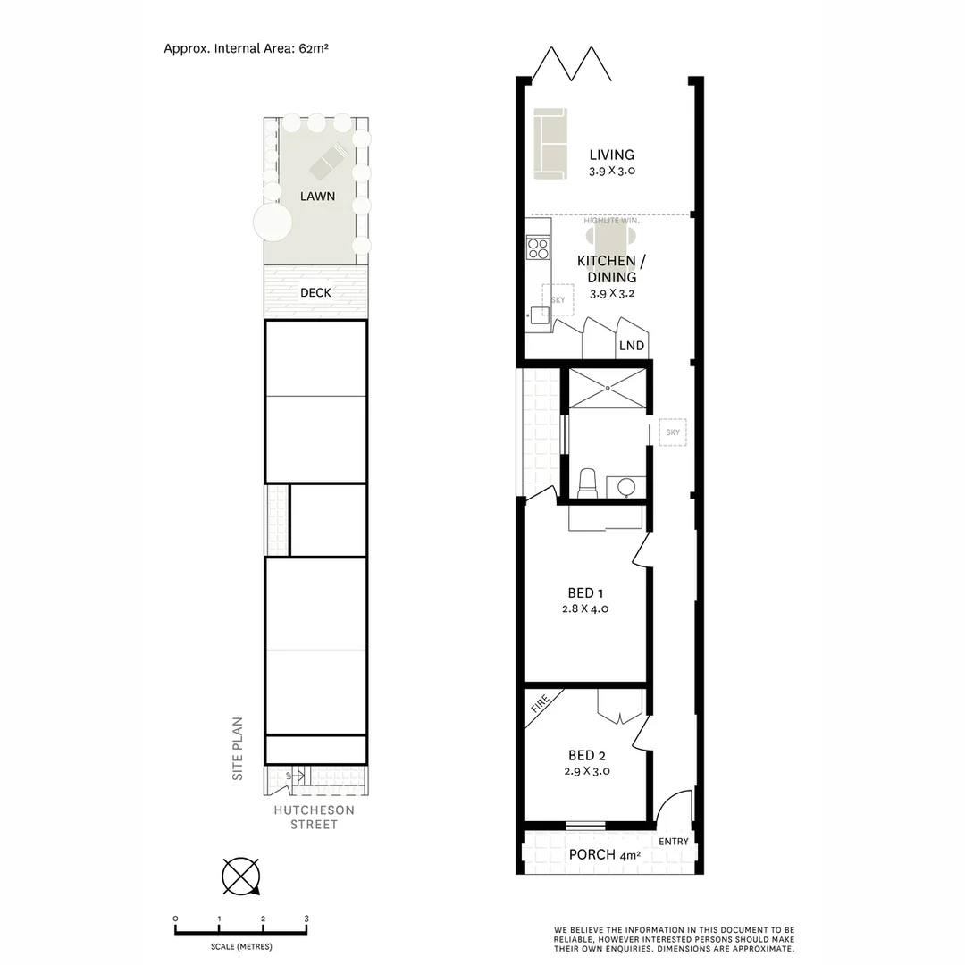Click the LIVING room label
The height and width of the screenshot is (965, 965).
(611, 155)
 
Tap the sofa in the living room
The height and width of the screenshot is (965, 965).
(550, 142)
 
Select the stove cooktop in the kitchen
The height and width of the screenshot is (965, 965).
(538, 248)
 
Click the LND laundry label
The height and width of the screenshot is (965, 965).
(631, 346)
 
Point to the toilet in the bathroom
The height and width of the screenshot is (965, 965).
(588, 482)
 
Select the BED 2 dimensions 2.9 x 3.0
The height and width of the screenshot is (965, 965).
(587, 770)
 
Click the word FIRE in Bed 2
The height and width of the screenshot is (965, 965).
(540, 705)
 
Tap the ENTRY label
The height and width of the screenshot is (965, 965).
(673, 842)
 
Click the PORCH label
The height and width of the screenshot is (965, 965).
(592, 855)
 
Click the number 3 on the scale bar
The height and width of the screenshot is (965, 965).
(306, 919)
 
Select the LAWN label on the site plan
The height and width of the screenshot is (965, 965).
(317, 196)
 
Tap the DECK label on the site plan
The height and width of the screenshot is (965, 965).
(316, 292)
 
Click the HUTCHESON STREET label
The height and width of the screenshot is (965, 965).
(314, 817)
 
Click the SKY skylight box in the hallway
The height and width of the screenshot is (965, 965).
(673, 432)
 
